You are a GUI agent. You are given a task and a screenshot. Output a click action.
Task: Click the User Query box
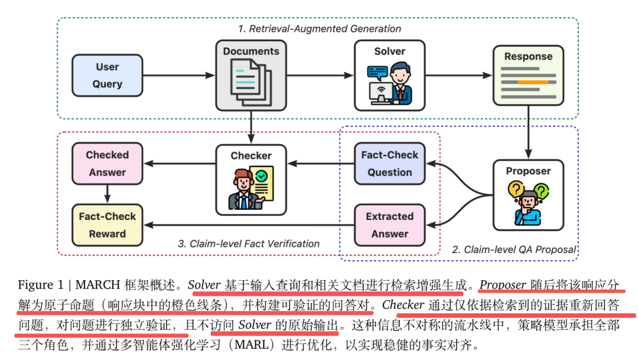click(x=107, y=76)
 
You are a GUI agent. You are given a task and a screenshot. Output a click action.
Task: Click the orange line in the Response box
click(x=533, y=82)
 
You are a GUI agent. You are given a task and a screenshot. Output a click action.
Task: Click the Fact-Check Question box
click(x=389, y=164)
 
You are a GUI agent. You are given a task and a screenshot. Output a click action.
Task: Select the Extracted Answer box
click(x=389, y=225)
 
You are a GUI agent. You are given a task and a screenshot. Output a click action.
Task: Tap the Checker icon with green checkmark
click(x=251, y=187)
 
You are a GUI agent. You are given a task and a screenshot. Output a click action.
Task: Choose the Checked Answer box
click(x=107, y=164)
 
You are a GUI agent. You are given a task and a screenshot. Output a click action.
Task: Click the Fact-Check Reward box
click(x=107, y=225)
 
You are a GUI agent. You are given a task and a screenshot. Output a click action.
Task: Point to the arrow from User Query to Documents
click(x=179, y=76)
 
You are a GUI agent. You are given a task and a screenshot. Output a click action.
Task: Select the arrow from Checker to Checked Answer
click(x=179, y=164)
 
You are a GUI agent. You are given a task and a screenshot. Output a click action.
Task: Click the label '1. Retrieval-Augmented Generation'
click(x=320, y=28)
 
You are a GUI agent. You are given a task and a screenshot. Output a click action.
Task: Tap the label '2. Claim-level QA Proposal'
click(x=513, y=249)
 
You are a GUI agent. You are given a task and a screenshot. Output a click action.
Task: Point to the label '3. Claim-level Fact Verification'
click(x=248, y=244)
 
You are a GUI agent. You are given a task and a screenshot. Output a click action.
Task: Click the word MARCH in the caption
click(x=100, y=285)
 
